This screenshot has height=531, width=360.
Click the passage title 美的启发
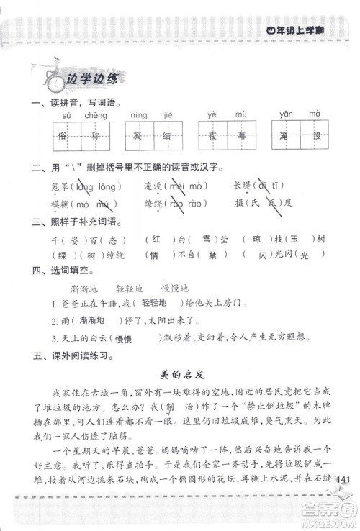(179, 373)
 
